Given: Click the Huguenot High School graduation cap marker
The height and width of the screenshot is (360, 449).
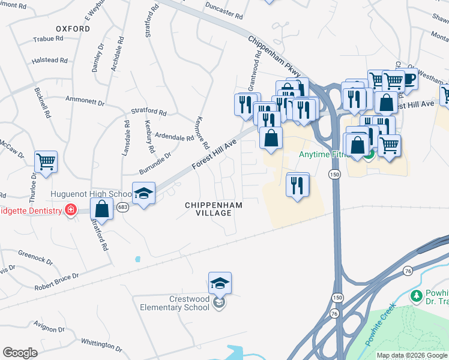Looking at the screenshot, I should (x=144, y=193).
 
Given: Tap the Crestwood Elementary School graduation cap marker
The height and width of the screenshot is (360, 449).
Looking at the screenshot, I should (x=220, y=283).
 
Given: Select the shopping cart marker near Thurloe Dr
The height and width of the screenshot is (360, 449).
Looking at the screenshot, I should (x=46, y=161).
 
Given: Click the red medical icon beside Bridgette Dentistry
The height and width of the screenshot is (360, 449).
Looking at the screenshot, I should (x=71, y=211).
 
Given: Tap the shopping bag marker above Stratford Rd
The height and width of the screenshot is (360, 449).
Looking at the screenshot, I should (x=102, y=210).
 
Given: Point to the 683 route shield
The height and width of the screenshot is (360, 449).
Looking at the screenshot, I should (x=123, y=207).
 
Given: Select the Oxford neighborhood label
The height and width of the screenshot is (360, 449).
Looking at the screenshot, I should (x=73, y=28).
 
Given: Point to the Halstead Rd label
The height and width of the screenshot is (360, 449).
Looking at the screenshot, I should (x=49, y=60).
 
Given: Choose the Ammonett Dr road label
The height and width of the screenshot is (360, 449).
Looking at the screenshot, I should (x=85, y=101).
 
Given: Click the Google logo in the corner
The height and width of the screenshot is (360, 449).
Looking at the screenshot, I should (x=20, y=353).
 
